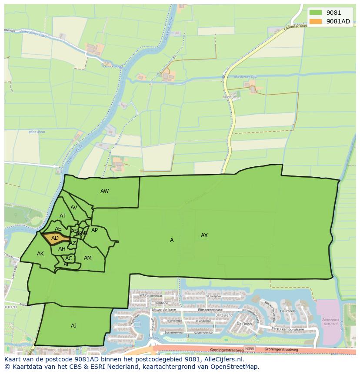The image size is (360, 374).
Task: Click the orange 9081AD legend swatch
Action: pos(316,21)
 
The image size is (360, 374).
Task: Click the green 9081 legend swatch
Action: pos(316,13)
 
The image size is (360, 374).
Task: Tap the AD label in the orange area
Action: pos(55,238)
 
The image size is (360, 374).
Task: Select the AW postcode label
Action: pos(104,191)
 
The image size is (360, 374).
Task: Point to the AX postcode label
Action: pos(204,235)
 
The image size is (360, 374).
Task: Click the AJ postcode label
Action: pos(73,325)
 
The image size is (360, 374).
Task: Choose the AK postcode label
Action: pos(40,254)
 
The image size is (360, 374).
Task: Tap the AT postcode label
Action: pos(63,216)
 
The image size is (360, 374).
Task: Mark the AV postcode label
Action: pos(74,208)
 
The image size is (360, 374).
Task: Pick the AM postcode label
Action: pos(88,258)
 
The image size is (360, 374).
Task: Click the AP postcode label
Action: pos(94,230)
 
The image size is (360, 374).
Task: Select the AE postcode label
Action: pos(58,229)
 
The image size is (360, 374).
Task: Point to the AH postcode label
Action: pos(62,249)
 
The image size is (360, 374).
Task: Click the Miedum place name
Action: pos(230,97)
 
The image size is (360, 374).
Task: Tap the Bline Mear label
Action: pos(37,132)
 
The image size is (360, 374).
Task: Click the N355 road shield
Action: pos(250,348)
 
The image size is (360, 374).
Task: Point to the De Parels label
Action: pos(288,311)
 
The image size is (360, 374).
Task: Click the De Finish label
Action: pos(244,324)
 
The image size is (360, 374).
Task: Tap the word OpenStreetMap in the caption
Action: pos(235,367)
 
